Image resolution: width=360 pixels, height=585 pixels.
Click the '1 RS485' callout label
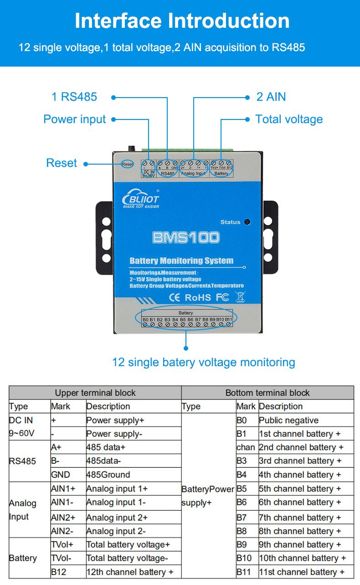tap(74, 97)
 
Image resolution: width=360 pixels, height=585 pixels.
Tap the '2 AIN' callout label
tap(271, 97)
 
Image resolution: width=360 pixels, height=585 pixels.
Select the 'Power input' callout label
tap(74, 119)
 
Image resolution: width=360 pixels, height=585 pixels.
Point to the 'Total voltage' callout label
tap(289, 119)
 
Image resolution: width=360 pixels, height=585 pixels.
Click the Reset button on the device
tap(127, 164)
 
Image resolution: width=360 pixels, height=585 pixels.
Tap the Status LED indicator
tap(247, 222)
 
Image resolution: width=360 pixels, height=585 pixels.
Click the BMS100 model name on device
tap(186, 237)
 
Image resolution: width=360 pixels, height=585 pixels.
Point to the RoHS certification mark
tap(198, 297)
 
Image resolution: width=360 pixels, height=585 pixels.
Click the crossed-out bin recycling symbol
tap(240, 297)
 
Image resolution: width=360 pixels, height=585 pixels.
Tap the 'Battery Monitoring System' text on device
tap(181, 261)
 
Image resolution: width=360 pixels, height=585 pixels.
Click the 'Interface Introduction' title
tap(182, 21)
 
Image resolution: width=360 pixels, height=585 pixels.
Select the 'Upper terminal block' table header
tap(95, 393)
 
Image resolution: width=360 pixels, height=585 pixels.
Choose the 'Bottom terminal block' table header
tap(267, 393)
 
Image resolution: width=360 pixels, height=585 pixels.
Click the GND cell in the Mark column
tap(61, 475)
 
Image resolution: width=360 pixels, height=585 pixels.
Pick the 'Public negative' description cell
tap(288, 420)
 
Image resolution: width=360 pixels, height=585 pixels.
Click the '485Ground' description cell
tap(108, 475)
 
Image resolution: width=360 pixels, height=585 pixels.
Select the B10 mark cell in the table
tap(244, 558)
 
